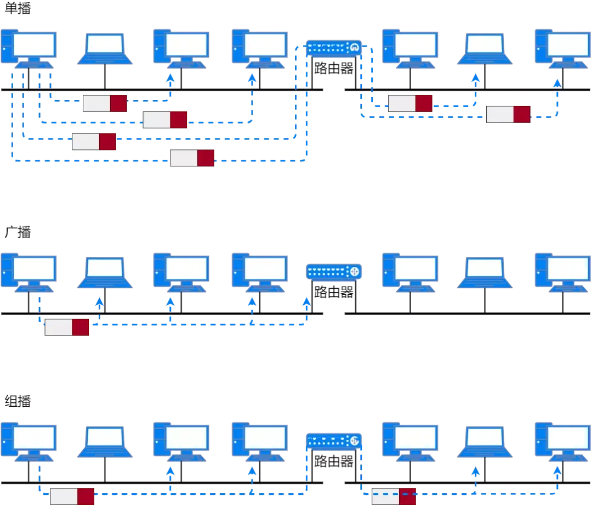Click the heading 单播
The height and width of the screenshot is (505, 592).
click(18, 8)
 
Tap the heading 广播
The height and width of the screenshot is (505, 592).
click(18, 232)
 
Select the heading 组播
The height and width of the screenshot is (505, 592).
click(18, 401)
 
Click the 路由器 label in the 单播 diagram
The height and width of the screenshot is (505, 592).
click(334, 68)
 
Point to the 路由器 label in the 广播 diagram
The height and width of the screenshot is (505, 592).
click(334, 292)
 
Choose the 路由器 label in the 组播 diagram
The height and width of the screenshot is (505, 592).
click(334, 461)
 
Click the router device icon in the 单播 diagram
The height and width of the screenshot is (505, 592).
click(334, 48)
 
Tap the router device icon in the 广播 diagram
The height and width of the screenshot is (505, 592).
click(334, 272)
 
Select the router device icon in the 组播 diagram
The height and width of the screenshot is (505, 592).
click(334, 441)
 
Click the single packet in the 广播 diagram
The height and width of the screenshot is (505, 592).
click(67, 327)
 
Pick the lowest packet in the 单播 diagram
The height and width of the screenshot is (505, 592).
click(192, 158)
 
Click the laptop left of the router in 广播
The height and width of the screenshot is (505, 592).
click(105, 272)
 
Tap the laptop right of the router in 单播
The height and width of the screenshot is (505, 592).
click(485, 49)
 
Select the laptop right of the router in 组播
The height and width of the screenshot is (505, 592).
click(485, 442)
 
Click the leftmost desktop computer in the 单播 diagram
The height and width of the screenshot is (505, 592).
click(29, 49)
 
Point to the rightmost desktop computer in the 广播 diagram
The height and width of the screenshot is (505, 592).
click(563, 272)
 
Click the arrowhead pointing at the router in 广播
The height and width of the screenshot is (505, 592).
click(306, 302)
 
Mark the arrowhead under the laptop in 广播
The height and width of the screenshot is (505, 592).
click(99, 302)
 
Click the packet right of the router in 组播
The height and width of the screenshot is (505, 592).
click(394, 497)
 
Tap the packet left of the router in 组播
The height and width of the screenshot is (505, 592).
click(72, 497)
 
